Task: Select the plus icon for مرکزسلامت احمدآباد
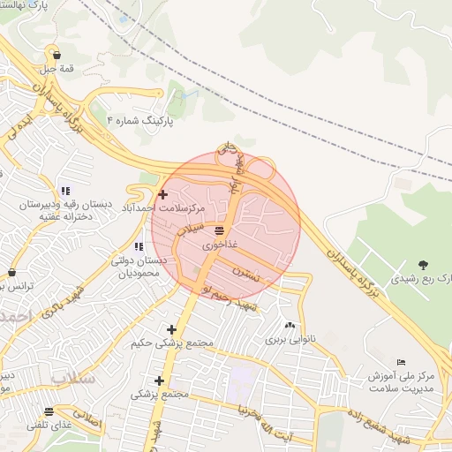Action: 162,193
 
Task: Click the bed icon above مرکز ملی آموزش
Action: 402,362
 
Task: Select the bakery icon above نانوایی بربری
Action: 290,325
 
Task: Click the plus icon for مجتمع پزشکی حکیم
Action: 171,329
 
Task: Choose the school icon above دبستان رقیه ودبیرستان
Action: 65,191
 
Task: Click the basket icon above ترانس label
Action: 11,272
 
